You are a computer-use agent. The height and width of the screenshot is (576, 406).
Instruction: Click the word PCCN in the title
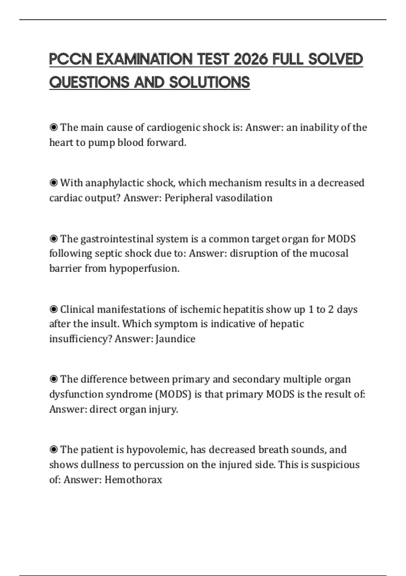(x=70, y=59)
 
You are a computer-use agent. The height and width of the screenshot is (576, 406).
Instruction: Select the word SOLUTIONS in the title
(x=209, y=82)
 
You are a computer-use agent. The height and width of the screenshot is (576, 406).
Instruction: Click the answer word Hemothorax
(x=133, y=479)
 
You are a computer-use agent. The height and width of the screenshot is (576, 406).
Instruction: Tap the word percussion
(x=159, y=465)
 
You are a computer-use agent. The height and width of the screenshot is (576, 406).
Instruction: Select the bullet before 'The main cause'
(x=53, y=127)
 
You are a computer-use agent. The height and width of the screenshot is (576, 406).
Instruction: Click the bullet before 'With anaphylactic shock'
(x=53, y=183)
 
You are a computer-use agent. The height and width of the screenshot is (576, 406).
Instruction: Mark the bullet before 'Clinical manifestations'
(x=53, y=309)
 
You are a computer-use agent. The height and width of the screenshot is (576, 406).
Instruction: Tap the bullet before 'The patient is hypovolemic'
(x=53, y=450)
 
